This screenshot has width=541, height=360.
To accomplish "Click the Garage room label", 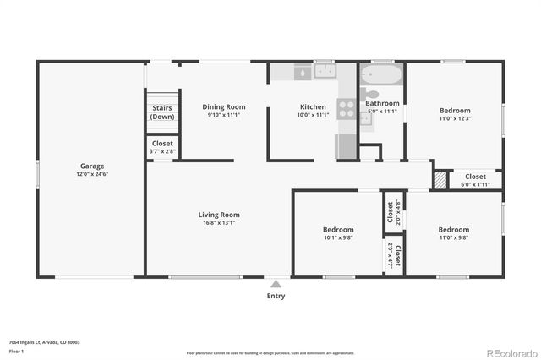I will [x=93, y=166].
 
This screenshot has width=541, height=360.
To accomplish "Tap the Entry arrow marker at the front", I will [x=276, y=284].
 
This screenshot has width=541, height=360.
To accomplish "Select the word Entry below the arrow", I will [x=276, y=296].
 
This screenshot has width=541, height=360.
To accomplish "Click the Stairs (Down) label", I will [x=162, y=112].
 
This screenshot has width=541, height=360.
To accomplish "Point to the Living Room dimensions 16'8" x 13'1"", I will [x=218, y=223].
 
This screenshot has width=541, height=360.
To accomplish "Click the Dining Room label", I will [x=224, y=106].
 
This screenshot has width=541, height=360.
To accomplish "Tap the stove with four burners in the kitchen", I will [x=347, y=108].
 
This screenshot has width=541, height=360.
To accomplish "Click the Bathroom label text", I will [x=382, y=103].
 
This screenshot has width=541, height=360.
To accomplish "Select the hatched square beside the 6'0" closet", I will [x=440, y=179].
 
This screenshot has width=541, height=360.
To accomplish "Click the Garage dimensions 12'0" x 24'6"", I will [x=93, y=174].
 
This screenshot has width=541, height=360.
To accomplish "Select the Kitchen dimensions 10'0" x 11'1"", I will [x=313, y=115].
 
